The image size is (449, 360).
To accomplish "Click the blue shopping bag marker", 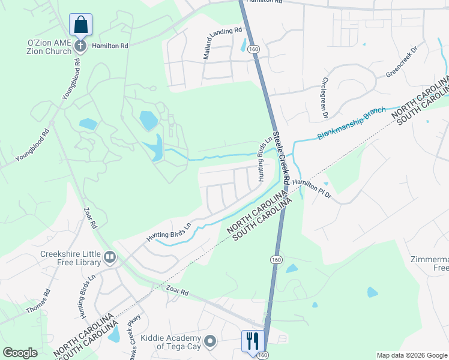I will click(80, 26).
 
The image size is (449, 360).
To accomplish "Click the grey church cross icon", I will click(80, 45).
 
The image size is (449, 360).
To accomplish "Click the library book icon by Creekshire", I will click(110, 258).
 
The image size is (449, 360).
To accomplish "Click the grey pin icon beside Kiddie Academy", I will click(210, 341).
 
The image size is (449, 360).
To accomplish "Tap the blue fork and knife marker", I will click(252, 341).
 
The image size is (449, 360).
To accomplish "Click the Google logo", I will click(20, 353).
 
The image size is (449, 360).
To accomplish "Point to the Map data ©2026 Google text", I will click(411, 355).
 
